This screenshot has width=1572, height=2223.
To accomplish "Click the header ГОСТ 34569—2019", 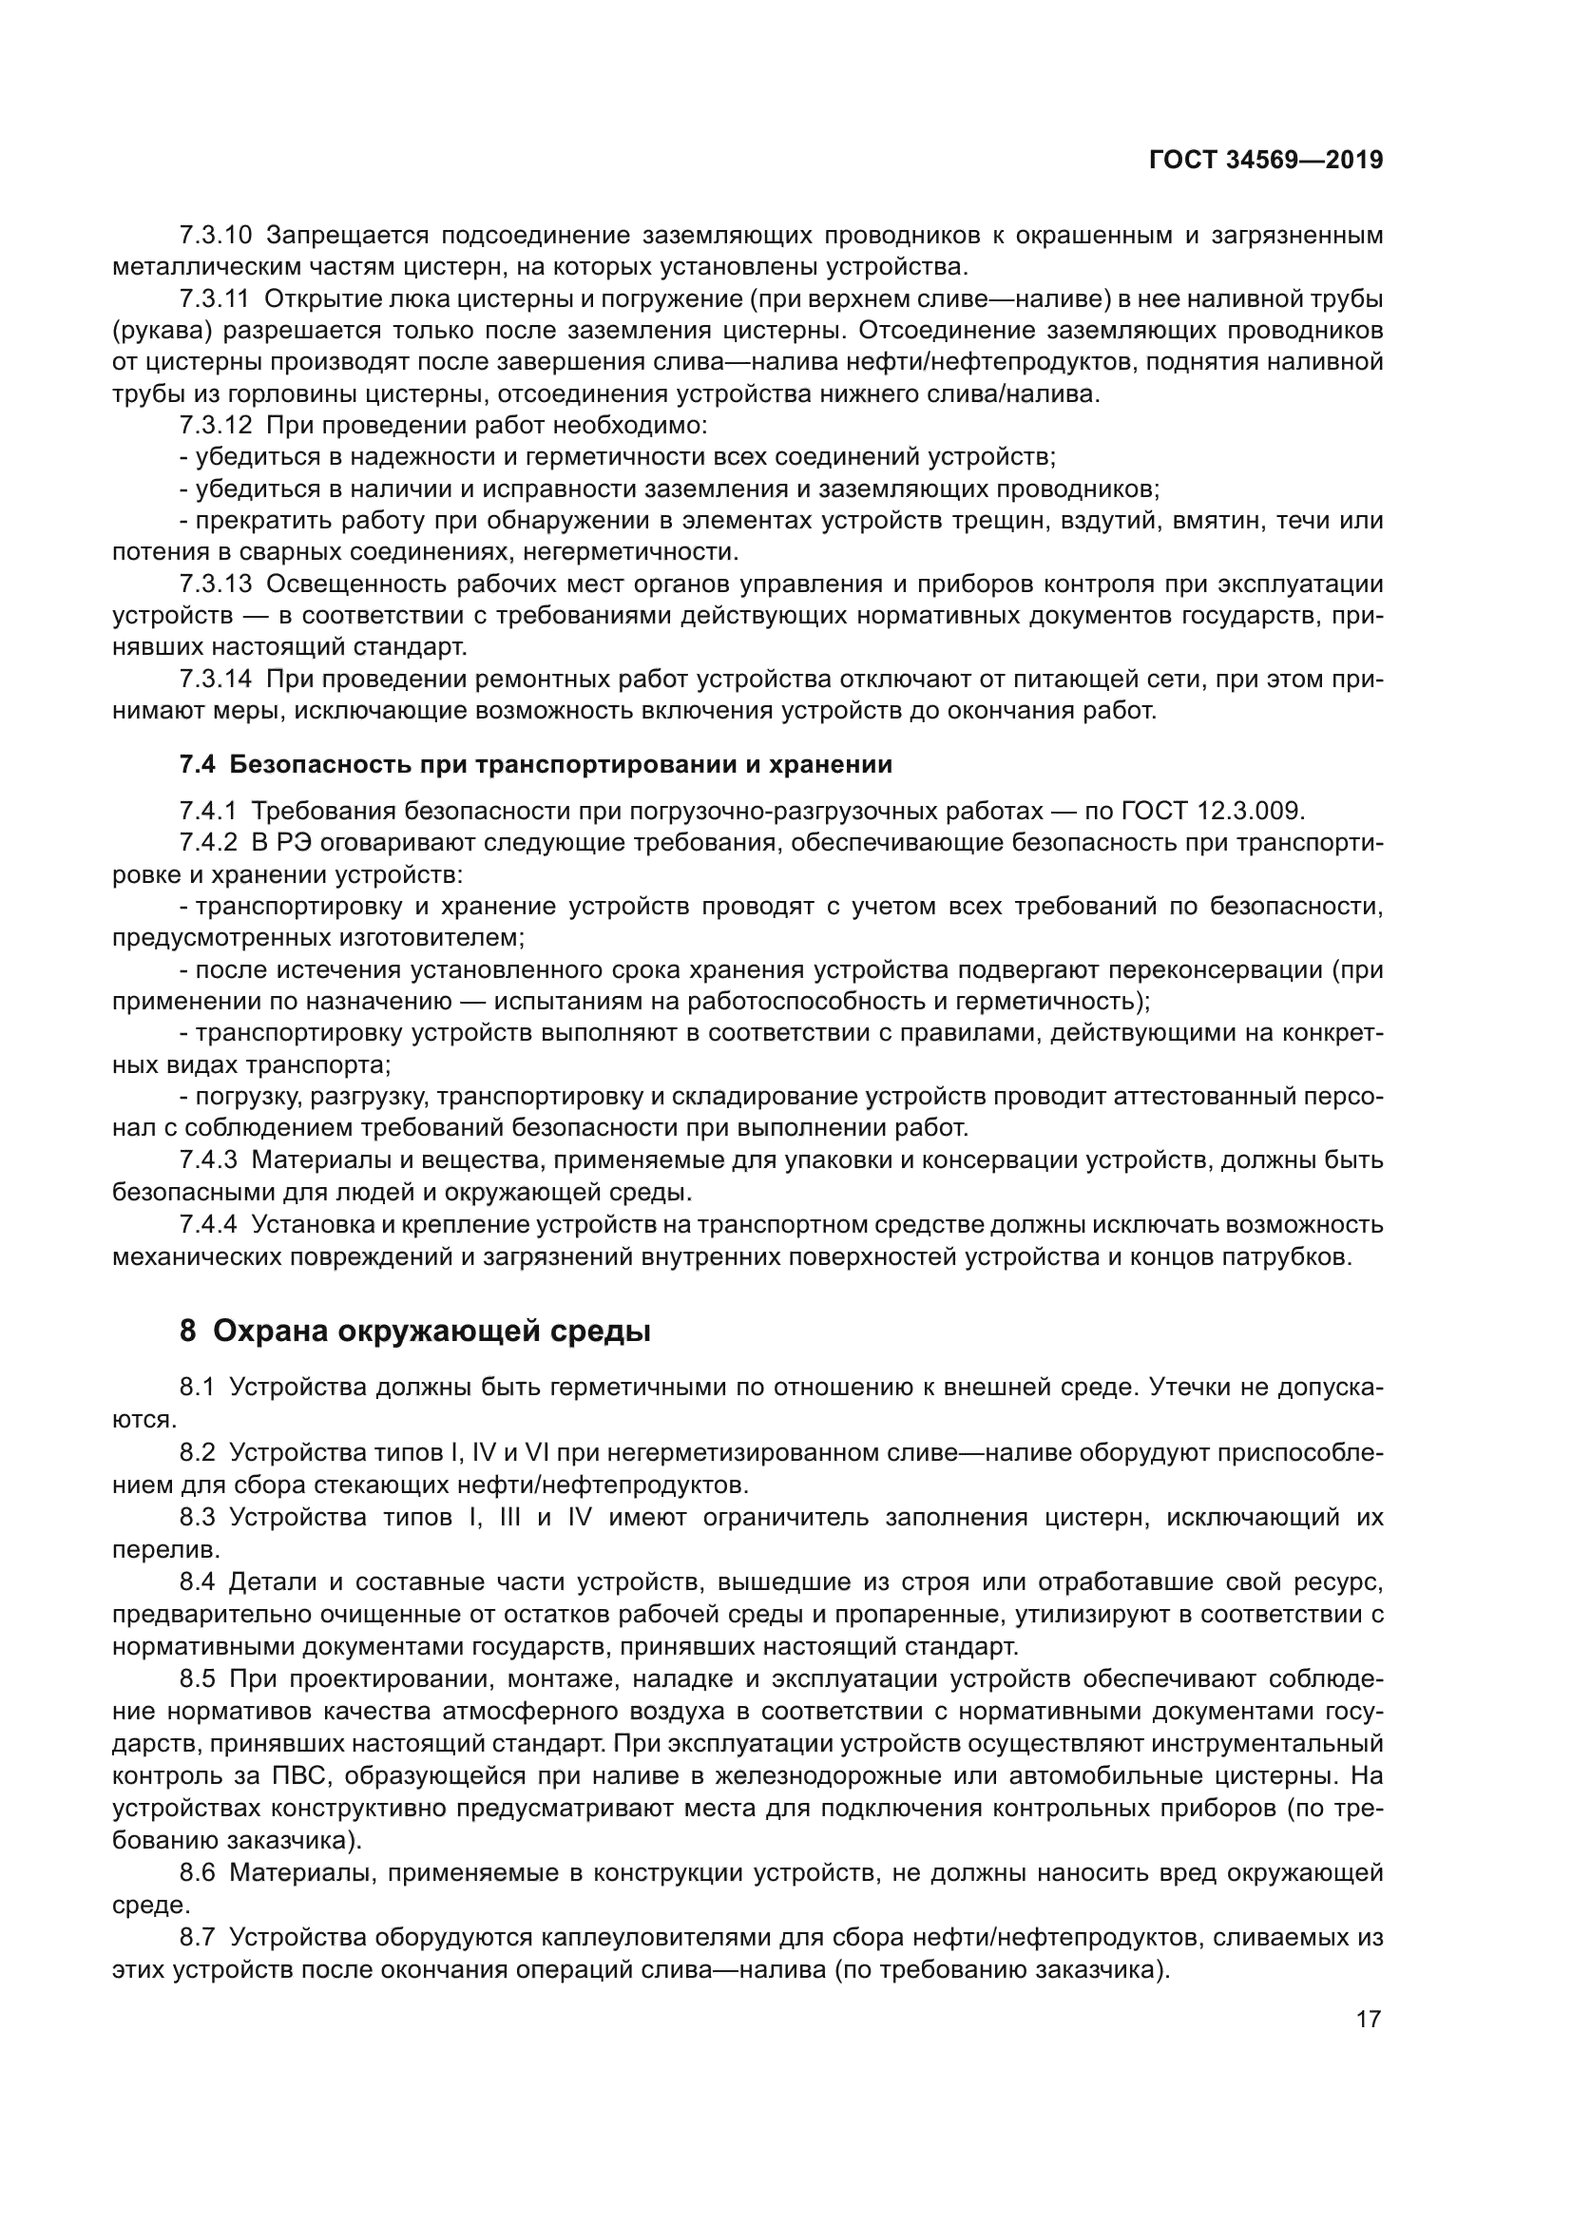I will [1265, 161].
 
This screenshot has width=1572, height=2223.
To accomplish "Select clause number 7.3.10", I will [215, 236].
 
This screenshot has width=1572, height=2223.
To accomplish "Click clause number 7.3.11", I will [214, 299].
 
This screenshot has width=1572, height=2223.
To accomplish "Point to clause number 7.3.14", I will [215, 680].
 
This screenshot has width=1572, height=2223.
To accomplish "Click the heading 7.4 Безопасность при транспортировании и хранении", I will [535, 765].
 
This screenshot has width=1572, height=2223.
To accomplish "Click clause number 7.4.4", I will [207, 1225].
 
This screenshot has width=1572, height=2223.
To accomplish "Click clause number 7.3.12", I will [215, 426].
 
